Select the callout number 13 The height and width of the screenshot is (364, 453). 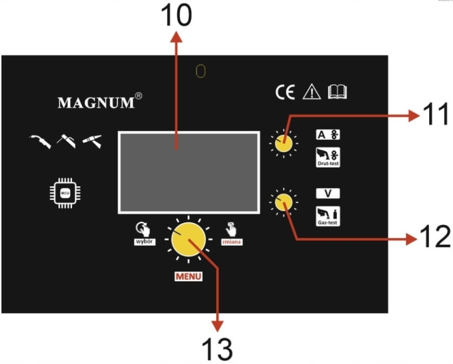tap(217, 348)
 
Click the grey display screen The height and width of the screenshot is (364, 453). tap(189, 172)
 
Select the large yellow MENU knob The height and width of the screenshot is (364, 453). tap(187, 240)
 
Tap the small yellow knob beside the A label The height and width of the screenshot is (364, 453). tap(283, 144)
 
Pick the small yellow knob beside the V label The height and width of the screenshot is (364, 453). tap(283, 202)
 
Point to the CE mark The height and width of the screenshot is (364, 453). tap(285, 92)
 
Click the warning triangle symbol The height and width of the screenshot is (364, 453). tap(311, 92)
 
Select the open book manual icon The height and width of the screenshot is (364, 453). tap(337, 92)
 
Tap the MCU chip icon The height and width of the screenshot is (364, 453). tap(65, 192)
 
